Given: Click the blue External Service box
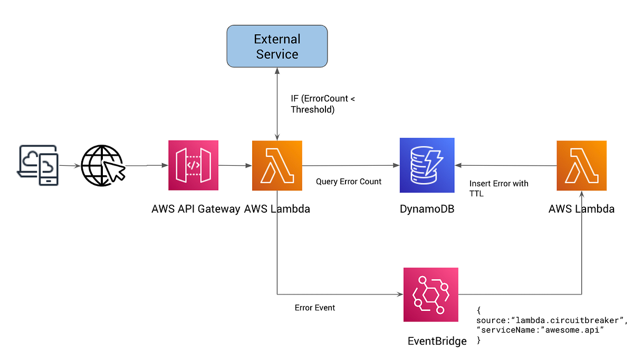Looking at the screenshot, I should point(277,47).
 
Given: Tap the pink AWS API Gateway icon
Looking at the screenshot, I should point(193,165).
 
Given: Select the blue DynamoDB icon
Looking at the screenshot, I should point(427,165).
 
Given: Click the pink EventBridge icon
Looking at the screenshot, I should point(430,294).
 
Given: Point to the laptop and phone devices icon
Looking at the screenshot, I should point(38,165).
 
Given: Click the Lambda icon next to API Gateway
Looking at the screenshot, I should point(277,165).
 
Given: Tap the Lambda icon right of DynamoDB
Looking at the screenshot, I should point(581,165).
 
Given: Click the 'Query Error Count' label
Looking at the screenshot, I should point(349,182).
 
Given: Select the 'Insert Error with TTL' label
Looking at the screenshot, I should point(498,188).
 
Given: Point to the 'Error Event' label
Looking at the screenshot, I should point(314,308).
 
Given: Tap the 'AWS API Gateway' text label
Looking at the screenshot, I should point(196,209).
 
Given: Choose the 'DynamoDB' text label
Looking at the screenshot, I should point(427,209).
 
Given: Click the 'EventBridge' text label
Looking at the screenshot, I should point(437,341).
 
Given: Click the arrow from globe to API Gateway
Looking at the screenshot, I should point(145,166).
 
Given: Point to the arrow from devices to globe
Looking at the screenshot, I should point(69,166).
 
